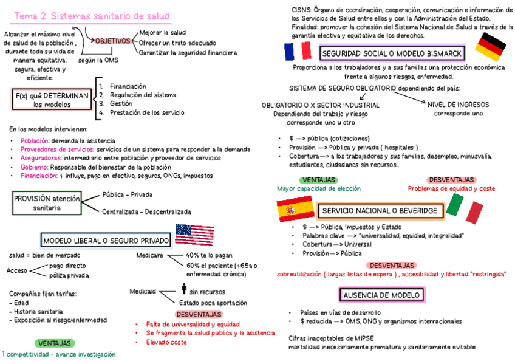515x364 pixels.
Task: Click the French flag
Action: (297, 52)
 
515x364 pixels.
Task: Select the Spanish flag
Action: (294, 210)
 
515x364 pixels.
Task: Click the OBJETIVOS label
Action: (112, 41)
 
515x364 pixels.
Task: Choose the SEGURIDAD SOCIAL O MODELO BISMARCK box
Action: (392, 53)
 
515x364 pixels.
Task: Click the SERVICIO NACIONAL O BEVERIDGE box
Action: (379, 210)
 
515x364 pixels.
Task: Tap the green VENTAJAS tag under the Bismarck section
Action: (319, 180)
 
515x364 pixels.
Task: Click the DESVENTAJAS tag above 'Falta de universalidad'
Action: (199, 314)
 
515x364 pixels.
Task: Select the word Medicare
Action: (149, 255)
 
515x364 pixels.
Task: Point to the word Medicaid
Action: (143, 291)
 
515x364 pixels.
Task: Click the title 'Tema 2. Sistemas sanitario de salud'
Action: (92, 16)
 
